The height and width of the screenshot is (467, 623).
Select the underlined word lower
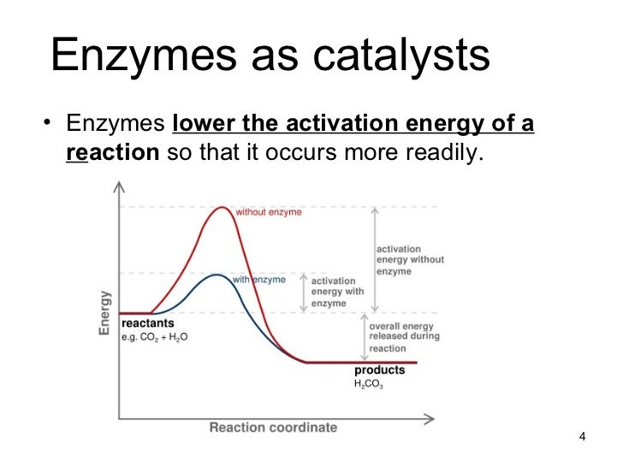pos(203,124)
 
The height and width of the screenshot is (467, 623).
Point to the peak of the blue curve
pos(219,275)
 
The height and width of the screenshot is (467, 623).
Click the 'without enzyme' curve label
pos(268,212)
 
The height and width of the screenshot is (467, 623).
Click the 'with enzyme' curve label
pos(258,280)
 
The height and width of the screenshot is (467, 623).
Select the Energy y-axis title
pos(104,311)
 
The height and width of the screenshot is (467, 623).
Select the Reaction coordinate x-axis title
pos(273,427)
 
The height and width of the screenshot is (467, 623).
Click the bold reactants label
pos(147,324)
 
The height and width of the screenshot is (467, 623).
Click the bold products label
pos(380,371)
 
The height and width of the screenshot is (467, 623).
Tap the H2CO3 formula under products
pos(369,386)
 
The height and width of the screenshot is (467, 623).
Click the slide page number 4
pos(582,439)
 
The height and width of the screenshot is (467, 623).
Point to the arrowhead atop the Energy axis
pos(121,186)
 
